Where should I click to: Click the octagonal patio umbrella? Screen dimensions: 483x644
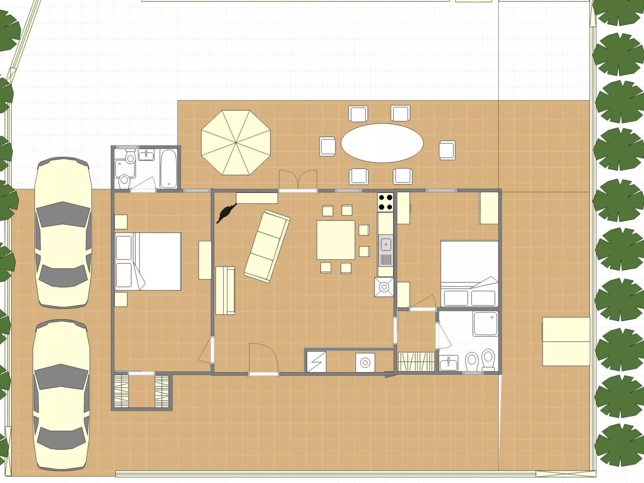click(236, 143)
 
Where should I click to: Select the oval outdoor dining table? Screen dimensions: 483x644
click(382, 143)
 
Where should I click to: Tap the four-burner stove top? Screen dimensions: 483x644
click(385, 202)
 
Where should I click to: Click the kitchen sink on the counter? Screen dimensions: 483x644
click(386, 244)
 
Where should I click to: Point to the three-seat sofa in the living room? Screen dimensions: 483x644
click(267, 246)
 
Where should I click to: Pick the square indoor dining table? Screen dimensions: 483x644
click(336, 240)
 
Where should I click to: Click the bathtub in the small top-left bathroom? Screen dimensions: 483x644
click(168, 168)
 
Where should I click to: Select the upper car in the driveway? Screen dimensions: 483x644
click(63, 232)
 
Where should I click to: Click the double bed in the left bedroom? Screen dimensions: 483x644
click(148, 261)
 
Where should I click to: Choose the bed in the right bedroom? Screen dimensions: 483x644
click(470, 273)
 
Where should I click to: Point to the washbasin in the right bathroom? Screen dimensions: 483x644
click(448, 364)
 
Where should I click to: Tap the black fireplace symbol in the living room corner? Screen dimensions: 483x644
click(227, 212)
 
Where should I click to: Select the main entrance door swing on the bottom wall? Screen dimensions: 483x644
click(263, 359)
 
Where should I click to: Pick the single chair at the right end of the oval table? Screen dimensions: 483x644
click(447, 150)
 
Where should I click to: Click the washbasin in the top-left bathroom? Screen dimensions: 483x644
click(146, 155)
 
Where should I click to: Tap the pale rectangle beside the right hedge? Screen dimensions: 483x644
click(566, 342)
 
